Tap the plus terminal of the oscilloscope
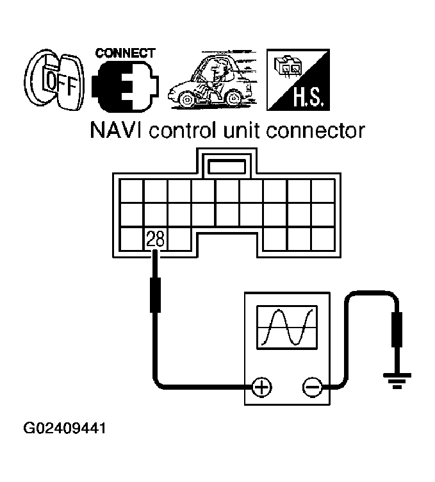pos(261,387)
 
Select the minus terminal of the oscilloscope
pos(311,387)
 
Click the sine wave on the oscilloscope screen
pos(285,326)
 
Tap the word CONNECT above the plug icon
pos(126,53)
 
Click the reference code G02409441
pos(64,427)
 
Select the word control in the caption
pos(189,131)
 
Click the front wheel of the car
pos(186,100)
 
